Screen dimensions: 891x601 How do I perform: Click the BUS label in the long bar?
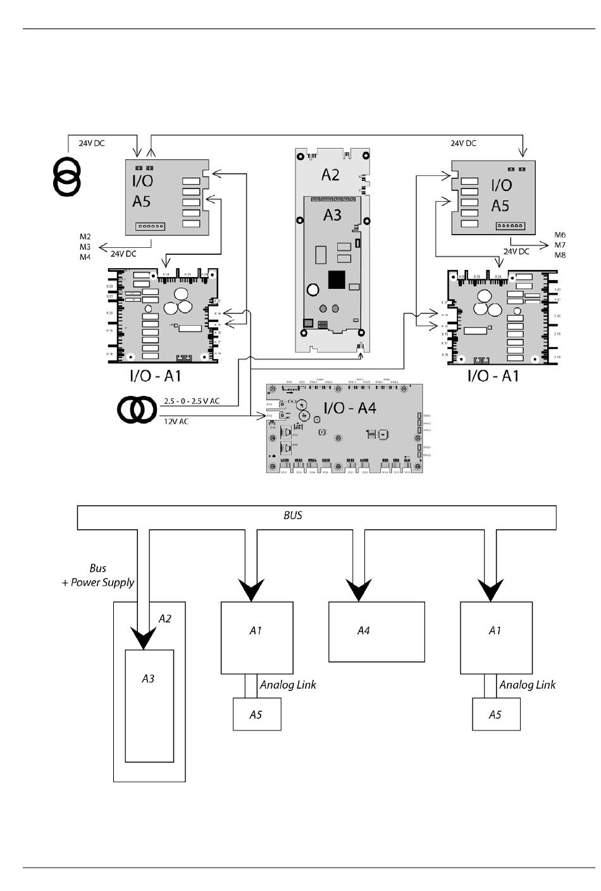click(293, 515)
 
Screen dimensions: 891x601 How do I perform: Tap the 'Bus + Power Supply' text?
click(98, 575)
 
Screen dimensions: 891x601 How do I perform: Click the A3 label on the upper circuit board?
click(332, 215)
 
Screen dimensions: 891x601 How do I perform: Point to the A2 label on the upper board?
click(330, 175)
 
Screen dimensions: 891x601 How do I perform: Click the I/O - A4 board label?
click(350, 408)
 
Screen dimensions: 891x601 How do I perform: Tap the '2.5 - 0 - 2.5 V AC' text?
click(192, 401)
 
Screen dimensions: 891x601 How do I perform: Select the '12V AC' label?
click(177, 421)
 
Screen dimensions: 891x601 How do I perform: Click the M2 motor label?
click(85, 237)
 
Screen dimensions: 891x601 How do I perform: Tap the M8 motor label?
click(560, 255)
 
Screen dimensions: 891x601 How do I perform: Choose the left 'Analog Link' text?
click(288, 685)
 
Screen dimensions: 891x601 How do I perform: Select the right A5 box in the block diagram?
click(497, 715)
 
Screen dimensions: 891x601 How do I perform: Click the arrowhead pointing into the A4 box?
click(359, 591)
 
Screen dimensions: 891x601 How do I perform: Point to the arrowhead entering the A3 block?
click(144, 639)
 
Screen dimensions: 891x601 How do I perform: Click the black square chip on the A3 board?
click(337, 280)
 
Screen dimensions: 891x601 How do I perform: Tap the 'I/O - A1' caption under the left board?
click(156, 376)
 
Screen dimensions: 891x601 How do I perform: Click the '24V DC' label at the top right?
click(463, 144)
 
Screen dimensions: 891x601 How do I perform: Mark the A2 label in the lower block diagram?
click(164, 618)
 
